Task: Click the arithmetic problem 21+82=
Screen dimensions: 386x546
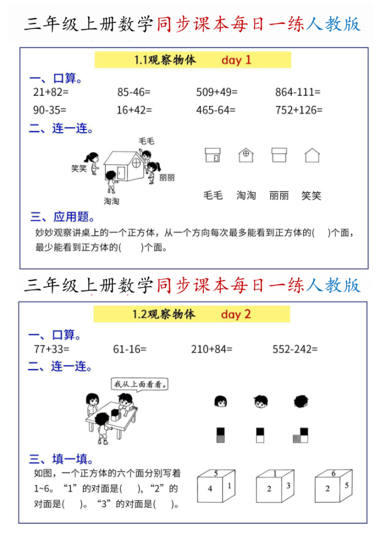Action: (x=51, y=92)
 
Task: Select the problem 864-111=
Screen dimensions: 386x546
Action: (x=297, y=92)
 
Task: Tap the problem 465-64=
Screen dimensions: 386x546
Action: (x=216, y=110)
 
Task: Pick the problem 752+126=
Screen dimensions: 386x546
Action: (x=299, y=110)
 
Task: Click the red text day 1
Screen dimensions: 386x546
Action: (x=236, y=60)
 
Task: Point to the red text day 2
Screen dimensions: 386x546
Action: (x=236, y=315)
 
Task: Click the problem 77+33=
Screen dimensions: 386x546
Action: (x=52, y=349)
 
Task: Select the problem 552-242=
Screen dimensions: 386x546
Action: (x=295, y=349)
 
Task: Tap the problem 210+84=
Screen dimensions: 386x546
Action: (x=211, y=349)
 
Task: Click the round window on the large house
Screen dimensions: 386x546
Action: (x=136, y=162)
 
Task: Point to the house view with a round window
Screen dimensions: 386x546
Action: (x=246, y=155)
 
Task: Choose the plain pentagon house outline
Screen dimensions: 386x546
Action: (x=312, y=155)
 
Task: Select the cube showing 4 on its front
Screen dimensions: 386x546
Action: (x=216, y=486)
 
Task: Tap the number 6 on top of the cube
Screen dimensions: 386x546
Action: (x=333, y=473)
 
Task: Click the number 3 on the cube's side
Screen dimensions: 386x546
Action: (x=288, y=486)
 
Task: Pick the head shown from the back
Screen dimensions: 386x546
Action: (x=301, y=402)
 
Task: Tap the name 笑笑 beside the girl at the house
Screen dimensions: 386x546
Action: (x=79, y=168)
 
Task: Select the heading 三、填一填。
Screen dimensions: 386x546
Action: (x=61, y=459)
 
